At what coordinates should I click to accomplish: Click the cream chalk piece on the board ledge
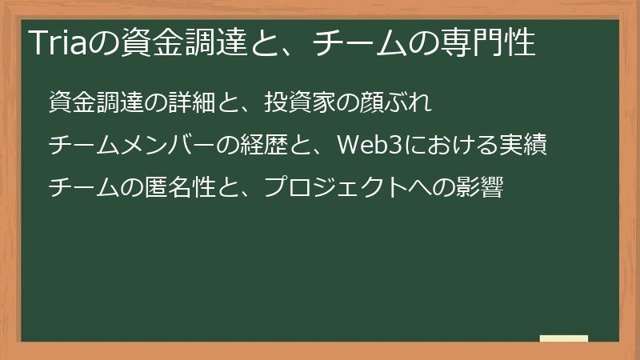click(564, 338)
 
